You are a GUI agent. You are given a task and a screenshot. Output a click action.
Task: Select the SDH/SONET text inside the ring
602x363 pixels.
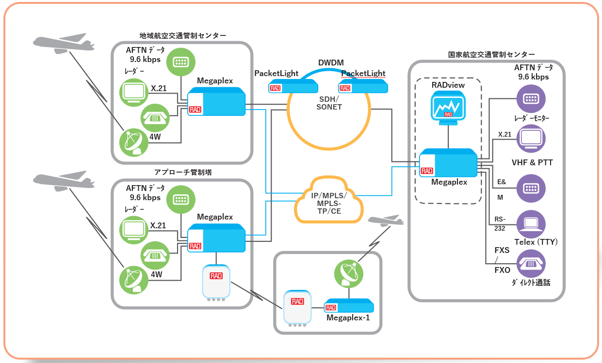click(x=328, y=103)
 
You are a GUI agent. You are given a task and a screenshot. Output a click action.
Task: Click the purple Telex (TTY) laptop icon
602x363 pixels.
click(x=531, y=223)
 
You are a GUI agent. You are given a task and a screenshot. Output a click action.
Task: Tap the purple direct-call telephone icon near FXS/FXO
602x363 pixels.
click(x=531, y=264)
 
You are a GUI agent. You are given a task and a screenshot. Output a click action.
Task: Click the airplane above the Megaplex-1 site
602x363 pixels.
click(x=386, y=221)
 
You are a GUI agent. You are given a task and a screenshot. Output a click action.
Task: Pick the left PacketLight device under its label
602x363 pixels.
click(x=293, y=87)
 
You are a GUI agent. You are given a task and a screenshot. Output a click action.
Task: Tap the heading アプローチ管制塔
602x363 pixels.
click(x=182, y=172)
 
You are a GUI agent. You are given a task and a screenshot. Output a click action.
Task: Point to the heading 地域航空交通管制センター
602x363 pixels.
click(x=182, y=35)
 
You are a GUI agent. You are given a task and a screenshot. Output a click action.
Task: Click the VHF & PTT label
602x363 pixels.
click(x=532, y=162)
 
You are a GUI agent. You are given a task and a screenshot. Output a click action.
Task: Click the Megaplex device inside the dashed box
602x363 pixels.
click(x=448, y=163)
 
